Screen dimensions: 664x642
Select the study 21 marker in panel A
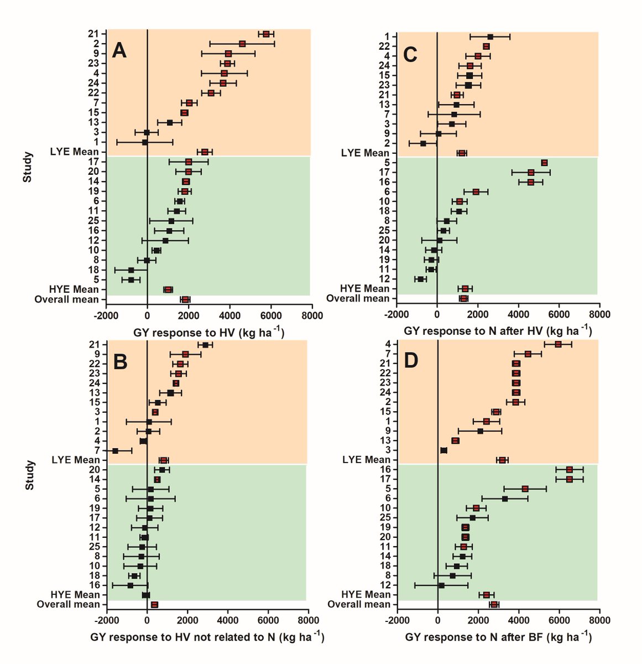(x=266, y=34)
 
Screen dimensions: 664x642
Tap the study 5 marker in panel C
(x=544, y=163)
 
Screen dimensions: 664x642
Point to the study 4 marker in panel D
(x=558, y=344)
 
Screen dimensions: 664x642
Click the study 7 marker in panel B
(x=115, y=451)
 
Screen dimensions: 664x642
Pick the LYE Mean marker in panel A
(x=205, y=152)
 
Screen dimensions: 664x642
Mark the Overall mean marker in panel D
(x=494, y=604)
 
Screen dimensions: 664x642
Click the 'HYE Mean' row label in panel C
(x=366, y=289)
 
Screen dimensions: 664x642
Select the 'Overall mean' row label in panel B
(x=68, y=604)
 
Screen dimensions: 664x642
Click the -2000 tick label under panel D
(x=396, y=620)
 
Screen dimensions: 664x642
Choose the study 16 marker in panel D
(x=570, y=470)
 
